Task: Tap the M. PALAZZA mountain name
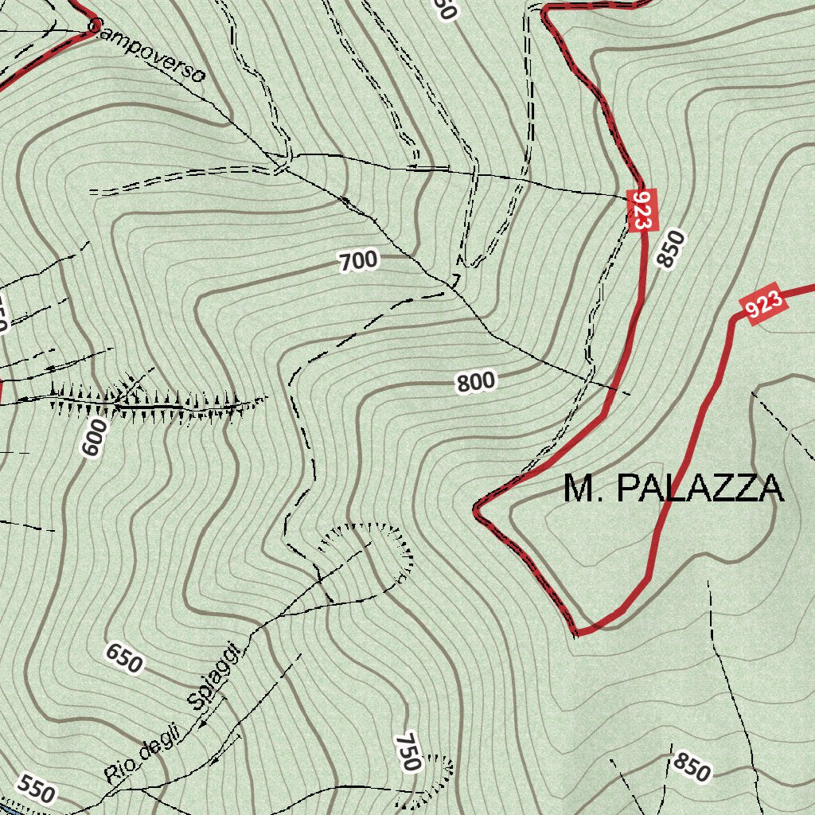click(673, 488)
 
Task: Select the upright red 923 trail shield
click(641, 210)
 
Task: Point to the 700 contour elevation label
click(358, 260)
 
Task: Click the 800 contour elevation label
click(476, 382)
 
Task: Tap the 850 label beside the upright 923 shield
click(669, 248)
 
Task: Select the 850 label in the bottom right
click(690, 766)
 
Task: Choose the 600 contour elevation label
click(93, 437)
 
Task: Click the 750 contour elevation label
click(407, 751)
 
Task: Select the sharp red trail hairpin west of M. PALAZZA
click(477, 510)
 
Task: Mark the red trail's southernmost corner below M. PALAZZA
click(575, 633)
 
